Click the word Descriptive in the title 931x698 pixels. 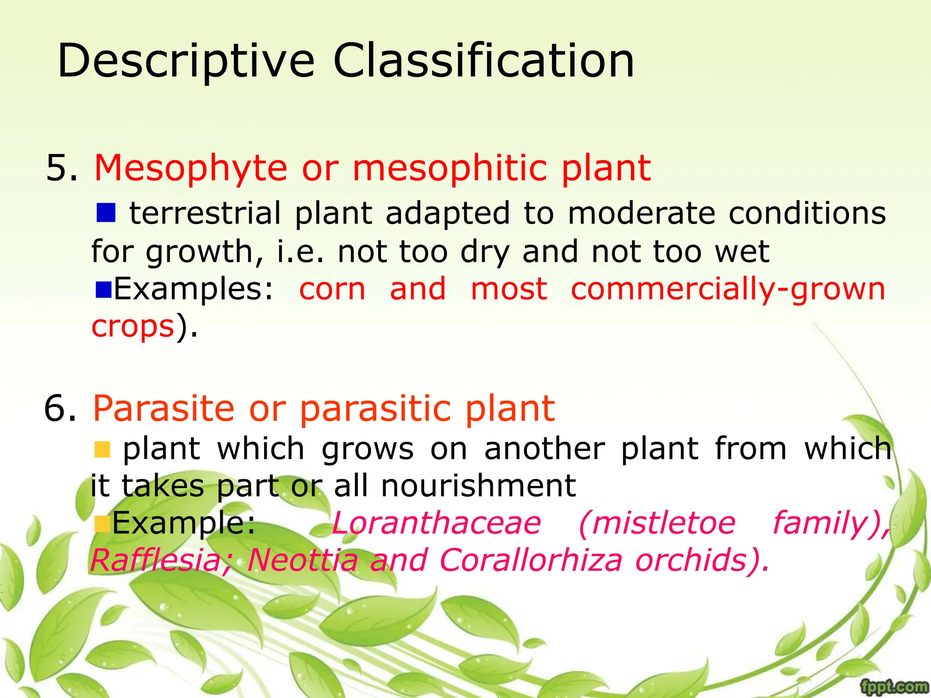(186, 61)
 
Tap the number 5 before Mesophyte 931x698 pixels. (61, 168)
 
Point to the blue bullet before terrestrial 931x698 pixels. (106, 212)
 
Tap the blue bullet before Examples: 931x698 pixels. (104, 289)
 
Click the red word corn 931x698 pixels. (332, 289)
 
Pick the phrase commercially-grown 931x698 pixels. (728, 289)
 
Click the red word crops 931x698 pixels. (133, 326)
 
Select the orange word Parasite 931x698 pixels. (163, 408)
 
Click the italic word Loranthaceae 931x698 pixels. (436, 523)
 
